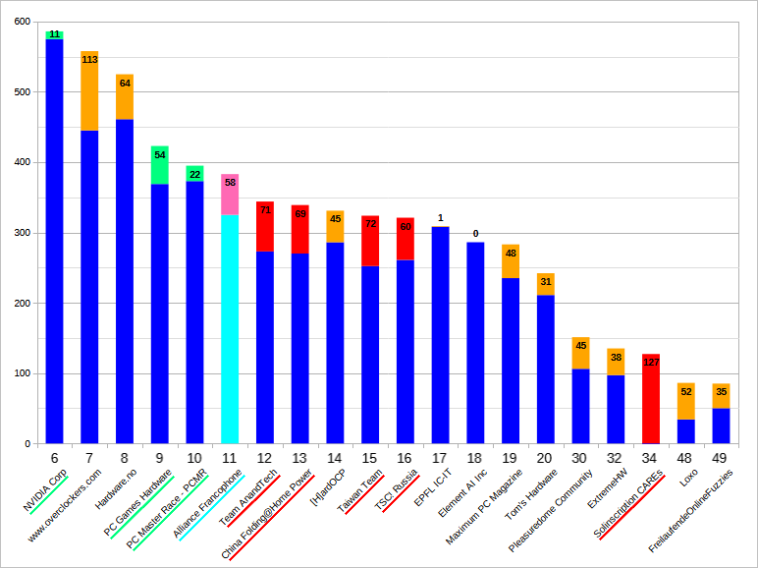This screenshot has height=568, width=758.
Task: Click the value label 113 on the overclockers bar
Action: click(89, 59)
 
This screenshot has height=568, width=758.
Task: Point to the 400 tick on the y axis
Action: click(19, 162)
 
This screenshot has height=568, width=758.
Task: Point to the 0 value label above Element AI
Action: click(475, 234)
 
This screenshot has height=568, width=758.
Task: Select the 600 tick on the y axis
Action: click(19, 22)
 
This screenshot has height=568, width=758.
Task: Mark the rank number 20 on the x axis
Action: click(546, 458)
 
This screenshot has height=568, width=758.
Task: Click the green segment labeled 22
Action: click(194, 174)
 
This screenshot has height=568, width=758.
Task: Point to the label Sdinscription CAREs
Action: click(628, 505)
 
